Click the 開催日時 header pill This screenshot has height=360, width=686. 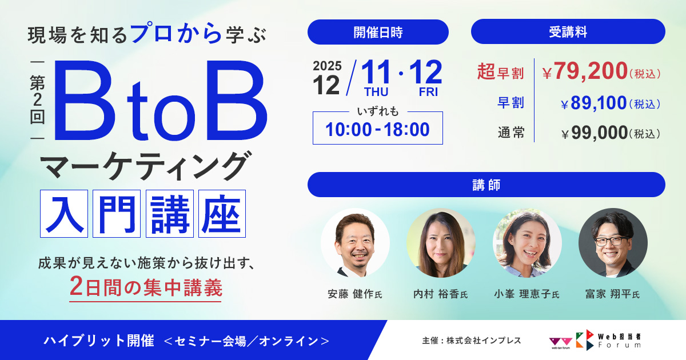pyautogui.click(x=377, y=32)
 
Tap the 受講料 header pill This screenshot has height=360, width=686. pyautogui.click(x=568, y=32)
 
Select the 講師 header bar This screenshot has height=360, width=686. pyautogui.click(x=486, y=185)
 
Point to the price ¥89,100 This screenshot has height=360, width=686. pyautogui.click(x=594, y=104)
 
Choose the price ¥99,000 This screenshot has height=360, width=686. pyautogui.click(x=595, y=134)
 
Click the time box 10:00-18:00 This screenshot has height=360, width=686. pyautogui.click(x=377, y=129)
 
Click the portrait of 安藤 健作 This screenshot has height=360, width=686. pyautogui.click(x=355, y=242)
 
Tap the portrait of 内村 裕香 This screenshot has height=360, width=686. pyautogui.click(x=441, y=242)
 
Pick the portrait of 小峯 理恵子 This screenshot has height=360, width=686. pyautogui.click(x=527, y=242)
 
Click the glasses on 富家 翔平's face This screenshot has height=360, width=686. pyautogui.click(x=612, y=240)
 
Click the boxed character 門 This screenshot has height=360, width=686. pyautogui.click(x=116, y=214)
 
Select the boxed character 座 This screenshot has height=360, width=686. pyautogui.click(x=222, y=214)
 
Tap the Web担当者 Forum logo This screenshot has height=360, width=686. pyautogui.click(x=609, y=340)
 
